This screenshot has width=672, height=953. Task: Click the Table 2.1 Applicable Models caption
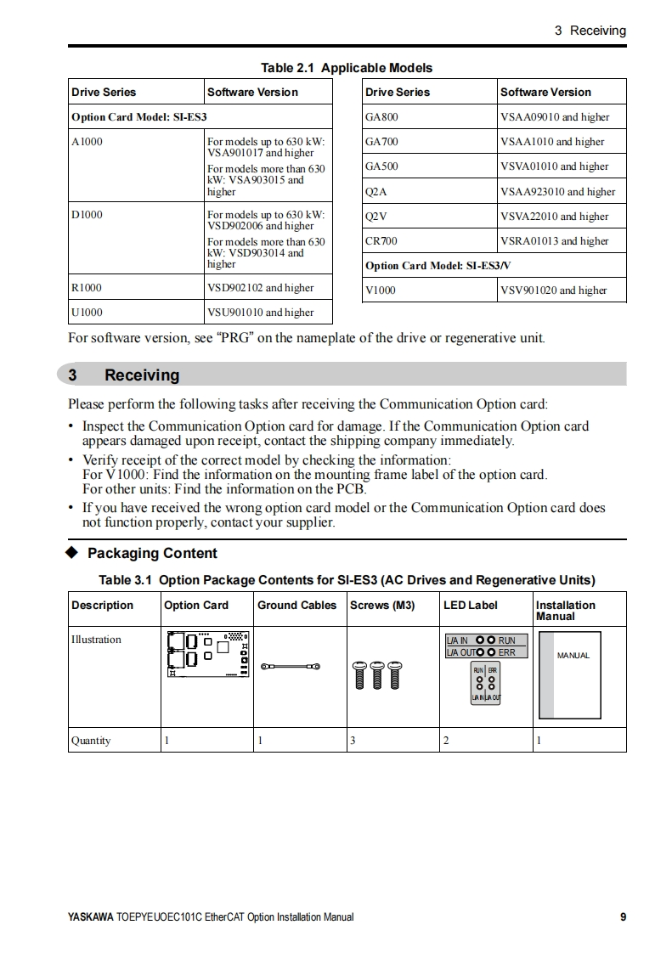point(346,68)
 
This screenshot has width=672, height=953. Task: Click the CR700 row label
point(381,241)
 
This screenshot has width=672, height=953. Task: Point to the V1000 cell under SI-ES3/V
point(380,290)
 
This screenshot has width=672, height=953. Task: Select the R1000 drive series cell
point(87,288)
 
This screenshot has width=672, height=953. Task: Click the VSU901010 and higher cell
point(260,313)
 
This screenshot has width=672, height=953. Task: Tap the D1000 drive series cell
point(87,215)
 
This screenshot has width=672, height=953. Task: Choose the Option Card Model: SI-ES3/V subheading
point(438,266)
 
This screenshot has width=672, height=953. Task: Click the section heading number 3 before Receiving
point(73,375)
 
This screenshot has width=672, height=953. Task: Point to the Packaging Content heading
point(152,554)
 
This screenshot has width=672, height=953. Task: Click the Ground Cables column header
point(296,606)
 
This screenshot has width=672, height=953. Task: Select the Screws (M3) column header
point(382,606)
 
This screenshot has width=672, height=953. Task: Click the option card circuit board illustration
point(208,656)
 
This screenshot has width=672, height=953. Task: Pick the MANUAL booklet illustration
point(570,673)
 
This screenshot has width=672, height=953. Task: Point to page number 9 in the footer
point(623,917)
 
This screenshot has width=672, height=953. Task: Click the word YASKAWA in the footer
point(90,917)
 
